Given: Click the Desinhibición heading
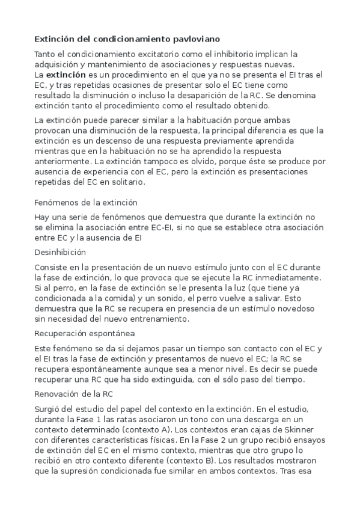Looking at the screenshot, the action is click(60, 252).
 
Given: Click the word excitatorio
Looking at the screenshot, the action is click(171, 54).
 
